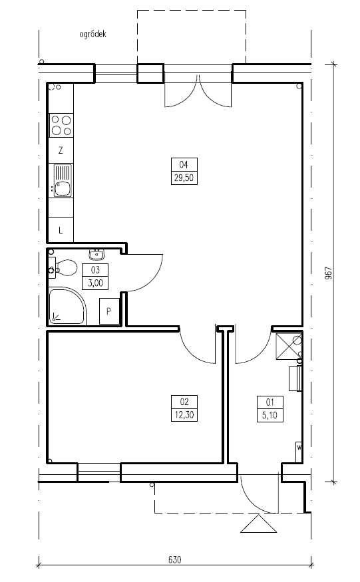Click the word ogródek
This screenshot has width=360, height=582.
93,35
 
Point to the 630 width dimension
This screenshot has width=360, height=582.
174,559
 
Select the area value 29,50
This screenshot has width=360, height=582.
184,178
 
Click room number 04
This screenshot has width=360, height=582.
184,164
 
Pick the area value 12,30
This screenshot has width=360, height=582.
184,414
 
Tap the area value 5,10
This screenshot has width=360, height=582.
270,415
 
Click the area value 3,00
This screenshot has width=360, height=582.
95,283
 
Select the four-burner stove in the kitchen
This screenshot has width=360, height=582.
61,126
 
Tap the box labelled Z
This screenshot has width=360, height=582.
61,150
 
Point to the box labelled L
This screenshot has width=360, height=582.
61,230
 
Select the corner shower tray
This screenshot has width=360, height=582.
67,306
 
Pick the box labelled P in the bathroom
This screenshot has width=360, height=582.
109,311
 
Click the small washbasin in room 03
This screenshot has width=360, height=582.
97,255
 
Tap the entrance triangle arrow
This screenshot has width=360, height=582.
259,523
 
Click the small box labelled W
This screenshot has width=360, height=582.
299,452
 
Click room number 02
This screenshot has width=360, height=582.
184,402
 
